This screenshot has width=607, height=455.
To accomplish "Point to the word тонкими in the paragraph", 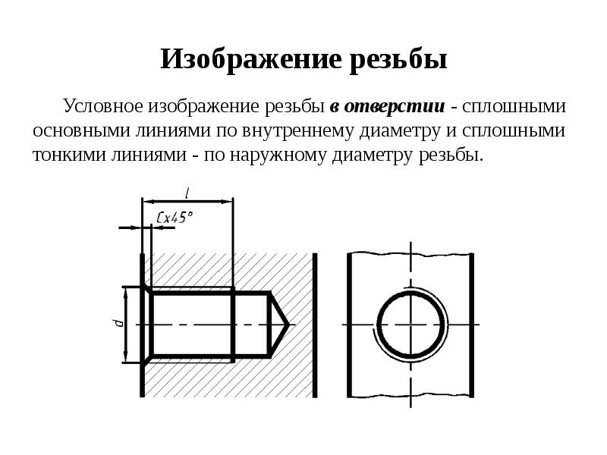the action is [65, 155].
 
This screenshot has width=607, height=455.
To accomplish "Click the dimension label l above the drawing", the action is [187, 192].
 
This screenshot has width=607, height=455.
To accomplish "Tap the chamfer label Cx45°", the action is [175, 217].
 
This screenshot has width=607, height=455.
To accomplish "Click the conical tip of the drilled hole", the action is [279, 325].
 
